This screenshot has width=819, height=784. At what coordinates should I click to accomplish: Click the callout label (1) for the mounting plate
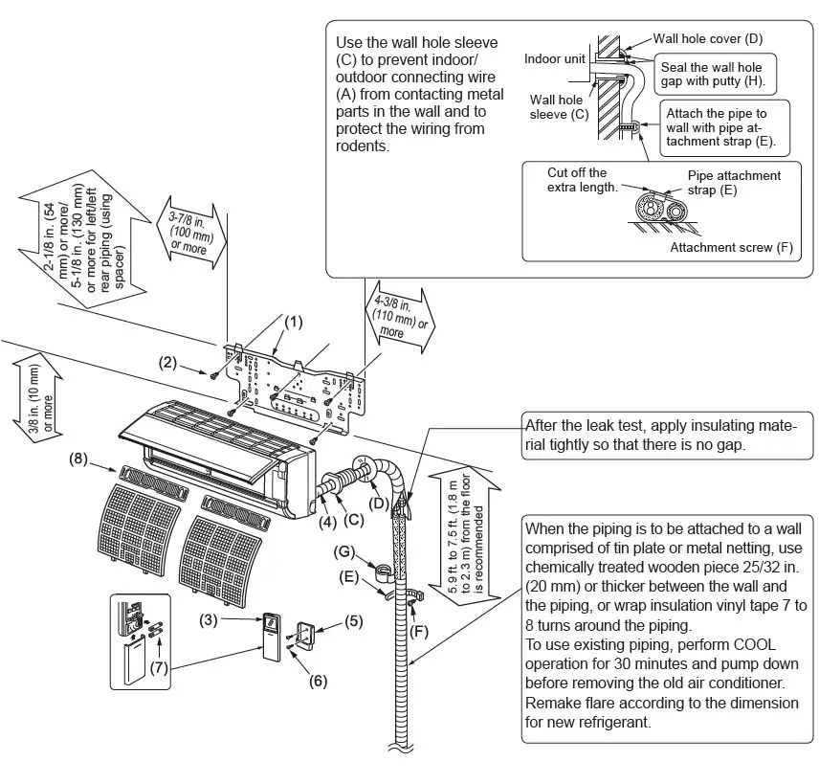click(294, 323)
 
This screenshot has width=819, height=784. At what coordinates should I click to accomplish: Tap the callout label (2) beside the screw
click(168, 362)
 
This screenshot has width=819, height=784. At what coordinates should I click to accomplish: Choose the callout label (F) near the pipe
click(417, 632)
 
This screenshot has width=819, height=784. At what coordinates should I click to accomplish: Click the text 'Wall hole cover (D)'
click(707, 39)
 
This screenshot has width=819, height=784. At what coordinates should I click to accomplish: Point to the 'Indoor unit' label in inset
click(555, 59)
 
